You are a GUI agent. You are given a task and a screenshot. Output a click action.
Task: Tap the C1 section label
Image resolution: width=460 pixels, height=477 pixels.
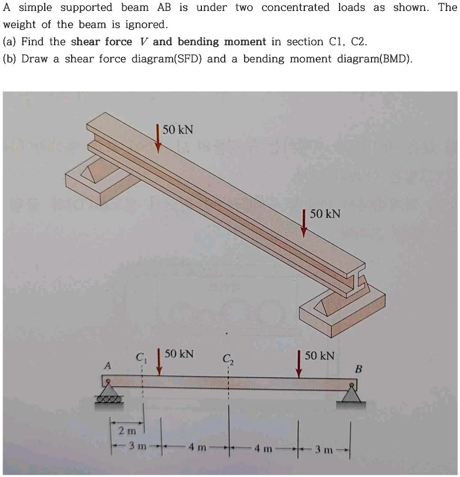[x=141, y=356]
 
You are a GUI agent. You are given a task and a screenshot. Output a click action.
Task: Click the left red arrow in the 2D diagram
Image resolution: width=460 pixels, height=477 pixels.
[x=159, y=361]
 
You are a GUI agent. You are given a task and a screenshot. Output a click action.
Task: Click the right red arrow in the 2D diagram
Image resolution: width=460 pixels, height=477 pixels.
[x=299, y=364]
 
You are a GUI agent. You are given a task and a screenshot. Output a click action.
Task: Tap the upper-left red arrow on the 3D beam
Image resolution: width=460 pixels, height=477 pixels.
[x=158, y=138]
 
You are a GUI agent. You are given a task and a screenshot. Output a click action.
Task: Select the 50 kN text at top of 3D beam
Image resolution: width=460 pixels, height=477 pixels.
[x=178, y=130]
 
